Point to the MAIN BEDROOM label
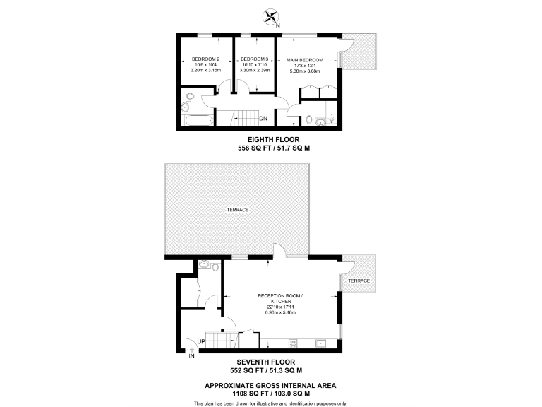tap(305, 60)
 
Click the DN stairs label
tap(263, 118)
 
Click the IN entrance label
tap(191, 355)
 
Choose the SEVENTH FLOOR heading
tap(271, 362)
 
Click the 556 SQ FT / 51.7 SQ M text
tap(271, 149)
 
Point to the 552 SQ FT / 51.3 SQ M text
tap(271, 370)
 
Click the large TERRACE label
tap(237, 210)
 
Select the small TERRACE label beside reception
tap(359, 281)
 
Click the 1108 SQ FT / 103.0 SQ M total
tap(271, 393)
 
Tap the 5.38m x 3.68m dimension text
tap(305, 71)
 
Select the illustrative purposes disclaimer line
tap(271, 403)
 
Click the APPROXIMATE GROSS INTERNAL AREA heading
tap(271, 385)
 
